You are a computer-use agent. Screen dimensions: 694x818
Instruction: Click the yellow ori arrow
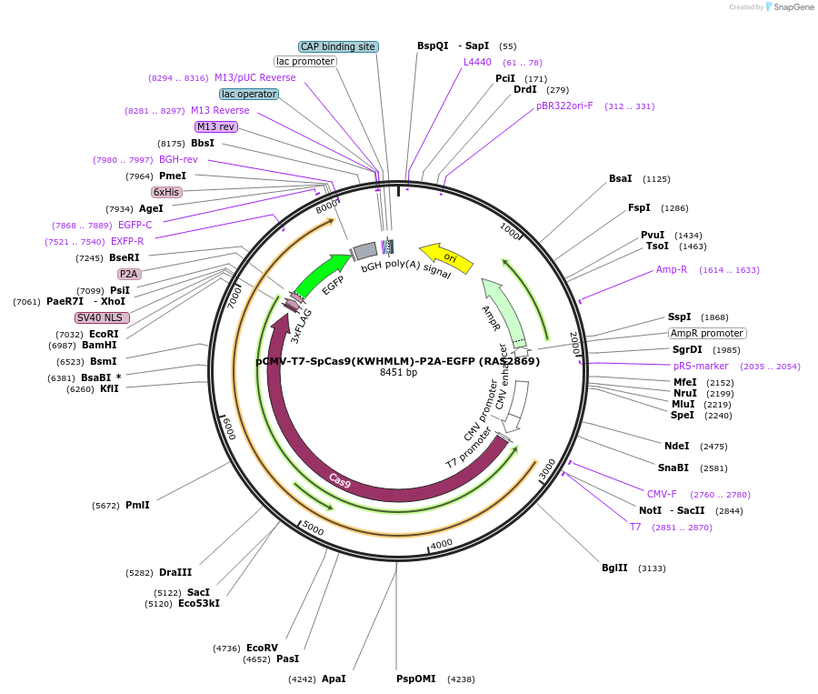[446, 258]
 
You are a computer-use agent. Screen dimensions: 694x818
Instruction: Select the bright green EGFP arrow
[324, 275]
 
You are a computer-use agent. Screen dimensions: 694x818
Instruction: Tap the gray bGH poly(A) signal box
[365, 250]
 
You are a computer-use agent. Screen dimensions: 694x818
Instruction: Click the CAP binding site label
[338, 46]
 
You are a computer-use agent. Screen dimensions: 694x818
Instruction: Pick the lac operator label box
[249, 94]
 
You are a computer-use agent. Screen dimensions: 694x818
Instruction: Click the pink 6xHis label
[166, 192]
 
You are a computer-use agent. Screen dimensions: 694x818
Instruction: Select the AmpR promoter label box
[707, 333]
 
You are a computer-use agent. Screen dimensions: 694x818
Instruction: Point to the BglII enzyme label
[614, 568]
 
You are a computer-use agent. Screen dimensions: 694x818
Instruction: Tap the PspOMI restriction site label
[415, 679]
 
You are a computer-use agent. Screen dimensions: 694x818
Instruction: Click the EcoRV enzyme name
[262, 648]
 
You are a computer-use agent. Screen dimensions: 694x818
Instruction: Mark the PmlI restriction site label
[137, 505]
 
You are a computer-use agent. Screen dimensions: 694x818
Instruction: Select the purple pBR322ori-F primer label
[564, 106]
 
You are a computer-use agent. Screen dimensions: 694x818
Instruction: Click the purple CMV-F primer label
[662, 494]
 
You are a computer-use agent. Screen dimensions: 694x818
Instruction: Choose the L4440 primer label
[477, 62]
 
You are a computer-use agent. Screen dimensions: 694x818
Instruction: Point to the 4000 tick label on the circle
[442, 544]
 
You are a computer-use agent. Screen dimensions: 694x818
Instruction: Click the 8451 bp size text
[398, 372]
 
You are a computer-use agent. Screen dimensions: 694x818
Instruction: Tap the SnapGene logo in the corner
[789, 7]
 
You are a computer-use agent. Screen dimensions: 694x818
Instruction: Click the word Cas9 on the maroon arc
[340, 481]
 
